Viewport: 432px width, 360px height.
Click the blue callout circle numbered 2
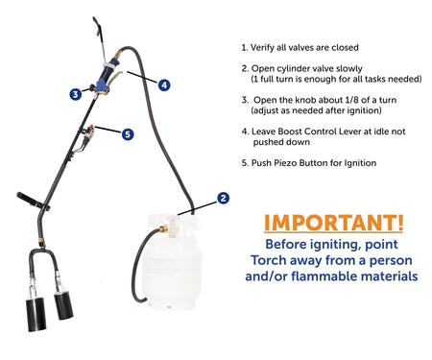pyautogui.click(x=223, y=198)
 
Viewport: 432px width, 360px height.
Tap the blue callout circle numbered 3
pyautogui.click(x=76, y=94)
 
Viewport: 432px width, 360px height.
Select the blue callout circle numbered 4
pyautogui.click(x=164, y=84)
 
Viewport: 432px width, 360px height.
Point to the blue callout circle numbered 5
pyautogui.click(x=128, y=134)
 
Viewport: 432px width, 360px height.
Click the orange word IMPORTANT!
pyautogui.click(x=334, y=223)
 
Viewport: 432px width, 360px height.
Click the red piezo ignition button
pyautogui.click(x=92, y=127)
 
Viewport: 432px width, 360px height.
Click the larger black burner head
pyautogui.click(x=36, y=314)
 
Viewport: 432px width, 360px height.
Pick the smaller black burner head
pyautogui.click(x=63, y=305)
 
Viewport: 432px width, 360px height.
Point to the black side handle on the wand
pyautogui.click(x=33, y=202)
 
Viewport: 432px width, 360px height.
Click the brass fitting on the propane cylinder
pyautogui.click(x=163, y=228)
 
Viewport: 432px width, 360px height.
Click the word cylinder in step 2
pyautogui.click(x=289, y=69)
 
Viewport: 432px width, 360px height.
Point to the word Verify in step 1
pyautogui.click(x=262, y=48)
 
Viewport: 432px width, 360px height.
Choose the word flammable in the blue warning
pyautogui.click(x=329, y=276)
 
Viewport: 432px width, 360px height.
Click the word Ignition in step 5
pyautogui.click(x=360, y=163)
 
